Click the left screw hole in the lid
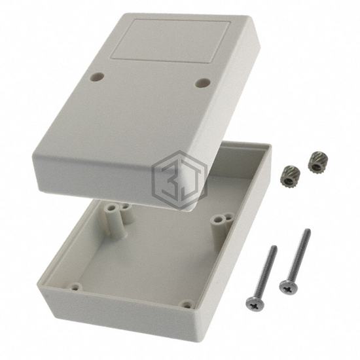click(x=96, y=77)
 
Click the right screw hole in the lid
click(x=202, y=83)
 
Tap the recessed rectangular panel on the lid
click(x=171, y=41)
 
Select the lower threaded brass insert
click(x=290, y=176)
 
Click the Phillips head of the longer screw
click(x=289, y=287)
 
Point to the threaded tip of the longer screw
click(x=308, y=230)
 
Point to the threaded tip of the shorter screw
click(x=274, y=247)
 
